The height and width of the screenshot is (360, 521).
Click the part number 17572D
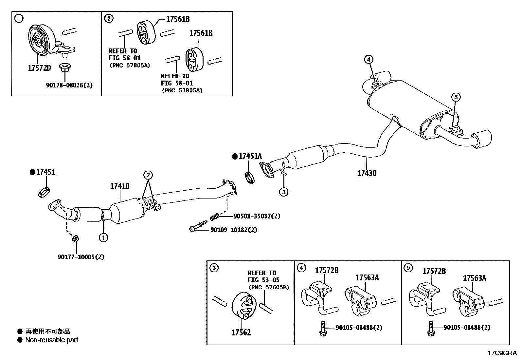point(39,68)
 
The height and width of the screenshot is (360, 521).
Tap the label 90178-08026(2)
point(69,85)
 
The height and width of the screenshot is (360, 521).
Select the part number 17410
point(119,186)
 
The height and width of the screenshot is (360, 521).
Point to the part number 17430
point(367,173)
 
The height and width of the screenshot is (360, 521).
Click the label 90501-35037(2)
point(257,216)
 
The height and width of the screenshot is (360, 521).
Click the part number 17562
point(241,332)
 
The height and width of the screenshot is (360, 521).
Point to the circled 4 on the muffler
point(368,60)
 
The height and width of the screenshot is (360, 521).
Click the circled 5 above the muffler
point(456,97)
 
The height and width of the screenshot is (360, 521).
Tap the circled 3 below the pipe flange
point(283,192)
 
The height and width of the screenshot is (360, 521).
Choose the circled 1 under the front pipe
point(103,237)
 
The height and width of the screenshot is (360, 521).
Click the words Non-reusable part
point(52,340)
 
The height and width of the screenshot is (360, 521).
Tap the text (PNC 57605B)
point(269,287)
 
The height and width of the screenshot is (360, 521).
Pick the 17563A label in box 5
point(474,278)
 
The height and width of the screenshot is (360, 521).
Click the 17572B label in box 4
point(327,270)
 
